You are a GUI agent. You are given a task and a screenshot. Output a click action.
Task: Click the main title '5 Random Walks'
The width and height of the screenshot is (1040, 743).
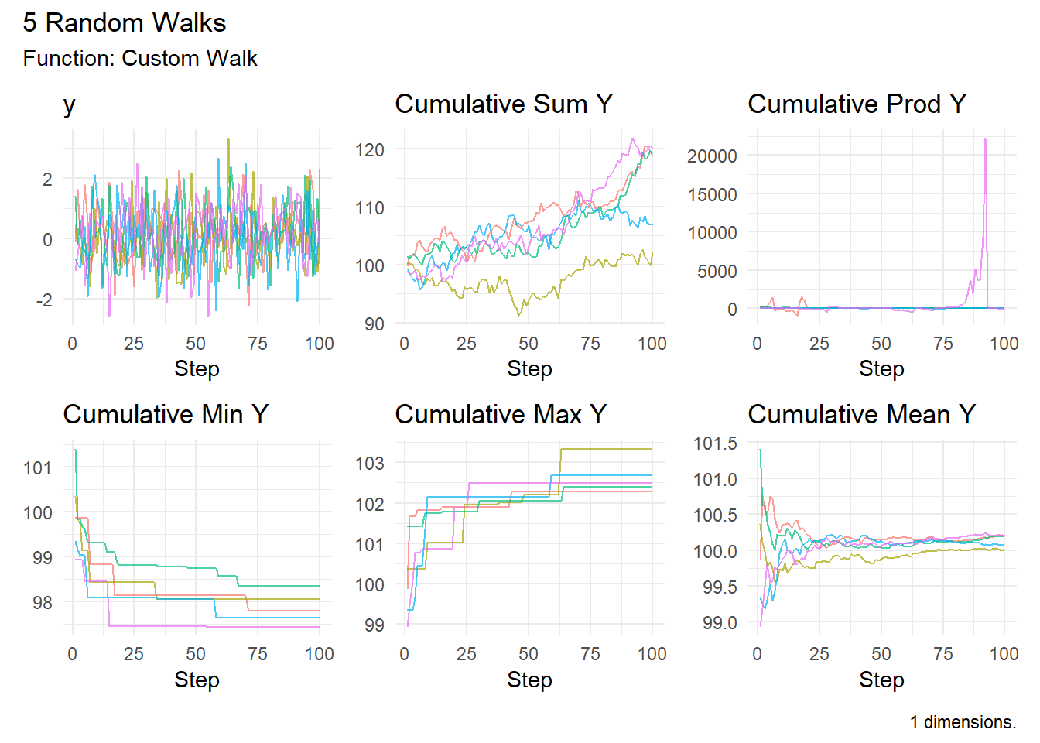click(125, 22)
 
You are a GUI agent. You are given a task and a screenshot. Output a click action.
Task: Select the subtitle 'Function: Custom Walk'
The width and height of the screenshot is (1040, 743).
click(140, 59)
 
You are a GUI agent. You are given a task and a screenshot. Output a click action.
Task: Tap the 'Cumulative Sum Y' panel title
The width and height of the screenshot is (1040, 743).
click(504, 104)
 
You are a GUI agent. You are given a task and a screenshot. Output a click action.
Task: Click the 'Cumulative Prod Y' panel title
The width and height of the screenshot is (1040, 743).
click(857, 104)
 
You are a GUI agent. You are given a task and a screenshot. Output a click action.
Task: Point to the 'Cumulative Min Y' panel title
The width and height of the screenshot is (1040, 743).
click(166, 414)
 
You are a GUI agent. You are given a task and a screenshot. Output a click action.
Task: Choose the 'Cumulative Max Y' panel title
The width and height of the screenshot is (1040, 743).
click(501, 414)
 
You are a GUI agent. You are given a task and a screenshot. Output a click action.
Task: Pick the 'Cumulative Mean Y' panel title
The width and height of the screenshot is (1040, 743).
click(862, 414)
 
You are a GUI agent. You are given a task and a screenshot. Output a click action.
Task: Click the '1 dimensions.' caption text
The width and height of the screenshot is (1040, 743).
click(963, 722)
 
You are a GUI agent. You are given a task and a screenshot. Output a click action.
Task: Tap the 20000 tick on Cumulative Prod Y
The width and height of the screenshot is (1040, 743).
click(712, 156)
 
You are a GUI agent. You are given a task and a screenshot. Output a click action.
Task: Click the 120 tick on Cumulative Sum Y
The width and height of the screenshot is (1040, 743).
click(370, 150)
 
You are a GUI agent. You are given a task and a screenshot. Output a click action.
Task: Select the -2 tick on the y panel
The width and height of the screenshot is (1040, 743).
click(45, 300)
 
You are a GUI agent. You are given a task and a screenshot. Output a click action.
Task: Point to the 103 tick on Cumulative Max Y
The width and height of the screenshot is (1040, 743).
click(370, 463)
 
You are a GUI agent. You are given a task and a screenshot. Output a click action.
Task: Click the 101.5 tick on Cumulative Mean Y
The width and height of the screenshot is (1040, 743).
click(715, 443)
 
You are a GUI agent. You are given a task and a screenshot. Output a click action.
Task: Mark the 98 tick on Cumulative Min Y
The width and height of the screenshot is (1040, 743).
click(43, 603)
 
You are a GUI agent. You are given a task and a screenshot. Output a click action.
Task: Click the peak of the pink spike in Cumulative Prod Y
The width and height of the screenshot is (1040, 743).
click(985, 139)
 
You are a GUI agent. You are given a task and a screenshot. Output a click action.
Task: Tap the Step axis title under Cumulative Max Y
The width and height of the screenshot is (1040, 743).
click(530, 680)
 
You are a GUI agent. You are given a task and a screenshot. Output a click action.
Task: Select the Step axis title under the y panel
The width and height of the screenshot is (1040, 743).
click(197, 368)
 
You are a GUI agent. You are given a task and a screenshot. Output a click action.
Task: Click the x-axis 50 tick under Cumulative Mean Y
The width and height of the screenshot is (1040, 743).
click(881, 654)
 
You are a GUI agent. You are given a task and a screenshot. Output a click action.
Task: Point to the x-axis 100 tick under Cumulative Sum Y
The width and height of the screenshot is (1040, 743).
click(652, 344)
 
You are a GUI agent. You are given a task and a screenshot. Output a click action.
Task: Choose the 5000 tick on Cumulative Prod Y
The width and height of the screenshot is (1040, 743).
click(717, 271)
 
